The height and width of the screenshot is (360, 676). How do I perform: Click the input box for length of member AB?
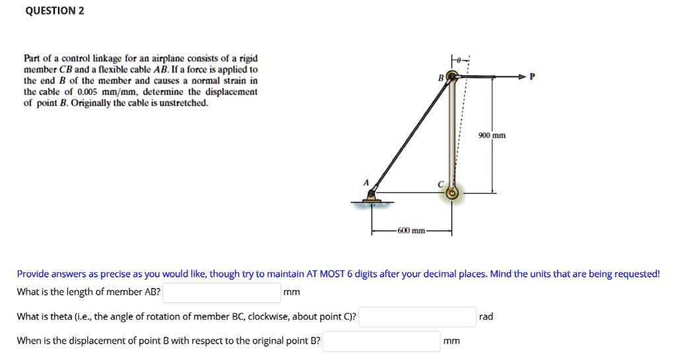point(222,292)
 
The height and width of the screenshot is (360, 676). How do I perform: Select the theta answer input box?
point(417,316)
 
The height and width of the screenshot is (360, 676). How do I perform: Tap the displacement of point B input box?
point(382,341)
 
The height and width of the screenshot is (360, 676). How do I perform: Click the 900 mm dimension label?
point(492,135)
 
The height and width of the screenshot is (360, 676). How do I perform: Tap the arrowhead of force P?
point(525,77)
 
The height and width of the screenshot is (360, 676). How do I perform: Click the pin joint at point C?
point(452,194)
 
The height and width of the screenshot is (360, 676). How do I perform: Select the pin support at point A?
point(372,196)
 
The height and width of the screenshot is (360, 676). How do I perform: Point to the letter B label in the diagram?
point(440,79)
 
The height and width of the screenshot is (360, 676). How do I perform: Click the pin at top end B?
point(452,77)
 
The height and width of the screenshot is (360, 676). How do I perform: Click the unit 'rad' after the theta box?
point(486,316)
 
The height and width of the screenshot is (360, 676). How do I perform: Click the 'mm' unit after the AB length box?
point(291,292)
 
